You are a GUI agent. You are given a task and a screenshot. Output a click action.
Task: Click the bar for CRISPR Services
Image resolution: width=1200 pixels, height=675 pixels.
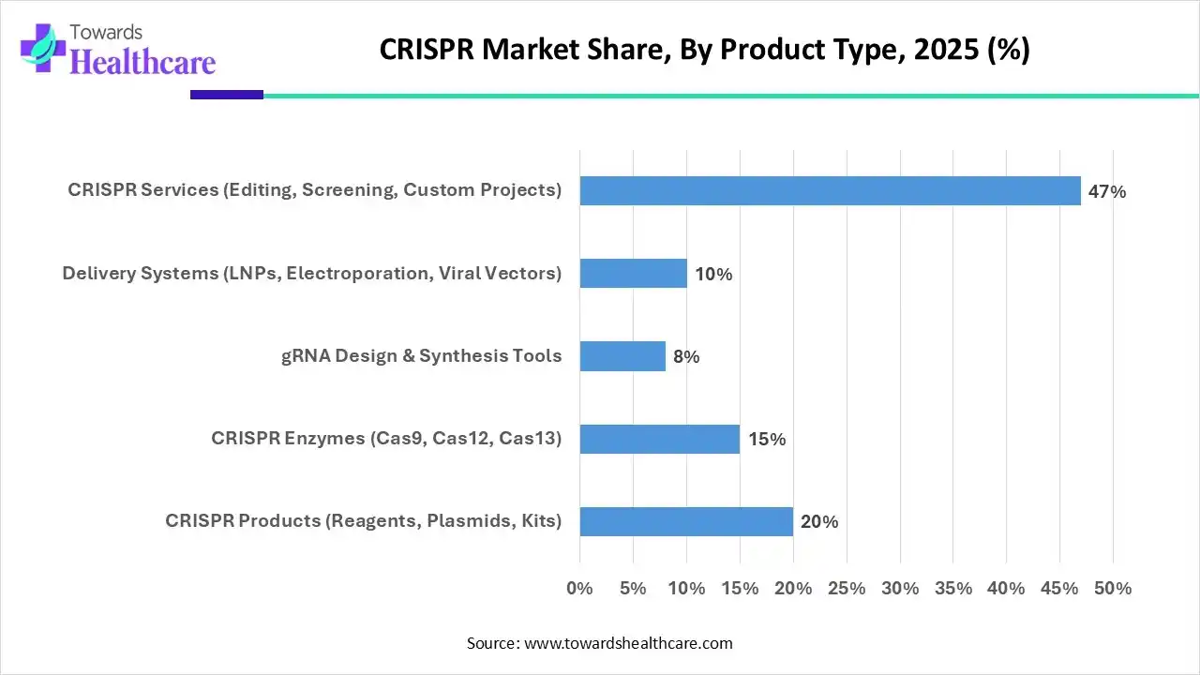(x=830, y=191)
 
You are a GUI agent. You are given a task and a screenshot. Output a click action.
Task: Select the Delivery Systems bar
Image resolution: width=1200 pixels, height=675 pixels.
(x=633, y=274)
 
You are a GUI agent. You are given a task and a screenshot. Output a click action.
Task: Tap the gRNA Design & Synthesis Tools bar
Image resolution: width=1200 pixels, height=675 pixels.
(x=622, y=356)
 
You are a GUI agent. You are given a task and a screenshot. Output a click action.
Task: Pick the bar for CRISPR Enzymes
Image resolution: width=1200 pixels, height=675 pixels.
(x=659, y=439)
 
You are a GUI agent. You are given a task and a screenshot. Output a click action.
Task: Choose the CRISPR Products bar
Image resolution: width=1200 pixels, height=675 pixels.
(x=686, y=521)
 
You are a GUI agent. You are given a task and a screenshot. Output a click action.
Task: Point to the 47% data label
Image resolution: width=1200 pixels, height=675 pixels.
(x=1106, y=192)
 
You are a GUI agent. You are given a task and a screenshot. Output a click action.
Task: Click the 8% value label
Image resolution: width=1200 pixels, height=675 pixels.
(x=685, y=357)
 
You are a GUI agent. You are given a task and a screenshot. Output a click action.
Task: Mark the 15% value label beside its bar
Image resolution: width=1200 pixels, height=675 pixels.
(x=767, y=440)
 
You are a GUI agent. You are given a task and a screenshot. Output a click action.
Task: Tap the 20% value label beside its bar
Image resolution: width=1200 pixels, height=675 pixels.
(x=819, y=522)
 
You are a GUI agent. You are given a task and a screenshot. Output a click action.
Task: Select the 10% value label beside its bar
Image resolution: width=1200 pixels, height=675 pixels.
(x=713, y=275)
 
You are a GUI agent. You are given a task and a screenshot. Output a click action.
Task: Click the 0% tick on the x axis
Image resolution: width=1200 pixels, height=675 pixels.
(x=580, y=589)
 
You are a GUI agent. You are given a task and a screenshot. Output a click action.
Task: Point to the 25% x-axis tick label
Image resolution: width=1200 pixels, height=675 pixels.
(x=847, y=589)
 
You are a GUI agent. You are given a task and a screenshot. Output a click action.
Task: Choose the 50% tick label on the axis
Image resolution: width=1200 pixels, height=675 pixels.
(x=1113, y=589)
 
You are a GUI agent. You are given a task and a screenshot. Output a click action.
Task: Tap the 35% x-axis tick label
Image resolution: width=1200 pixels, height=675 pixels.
(x=953, y=589)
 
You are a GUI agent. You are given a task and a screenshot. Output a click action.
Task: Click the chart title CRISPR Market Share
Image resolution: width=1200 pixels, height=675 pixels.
(x=704, y=51)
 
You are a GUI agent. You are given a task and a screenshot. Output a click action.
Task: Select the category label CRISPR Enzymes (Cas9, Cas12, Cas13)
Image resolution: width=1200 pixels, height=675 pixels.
(x=386, y=438)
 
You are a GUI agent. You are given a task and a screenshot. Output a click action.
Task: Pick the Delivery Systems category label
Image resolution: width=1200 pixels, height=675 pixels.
(x=312, y=274)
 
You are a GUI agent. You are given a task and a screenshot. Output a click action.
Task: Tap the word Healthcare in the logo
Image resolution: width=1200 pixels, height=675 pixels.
(x=142, y=62)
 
